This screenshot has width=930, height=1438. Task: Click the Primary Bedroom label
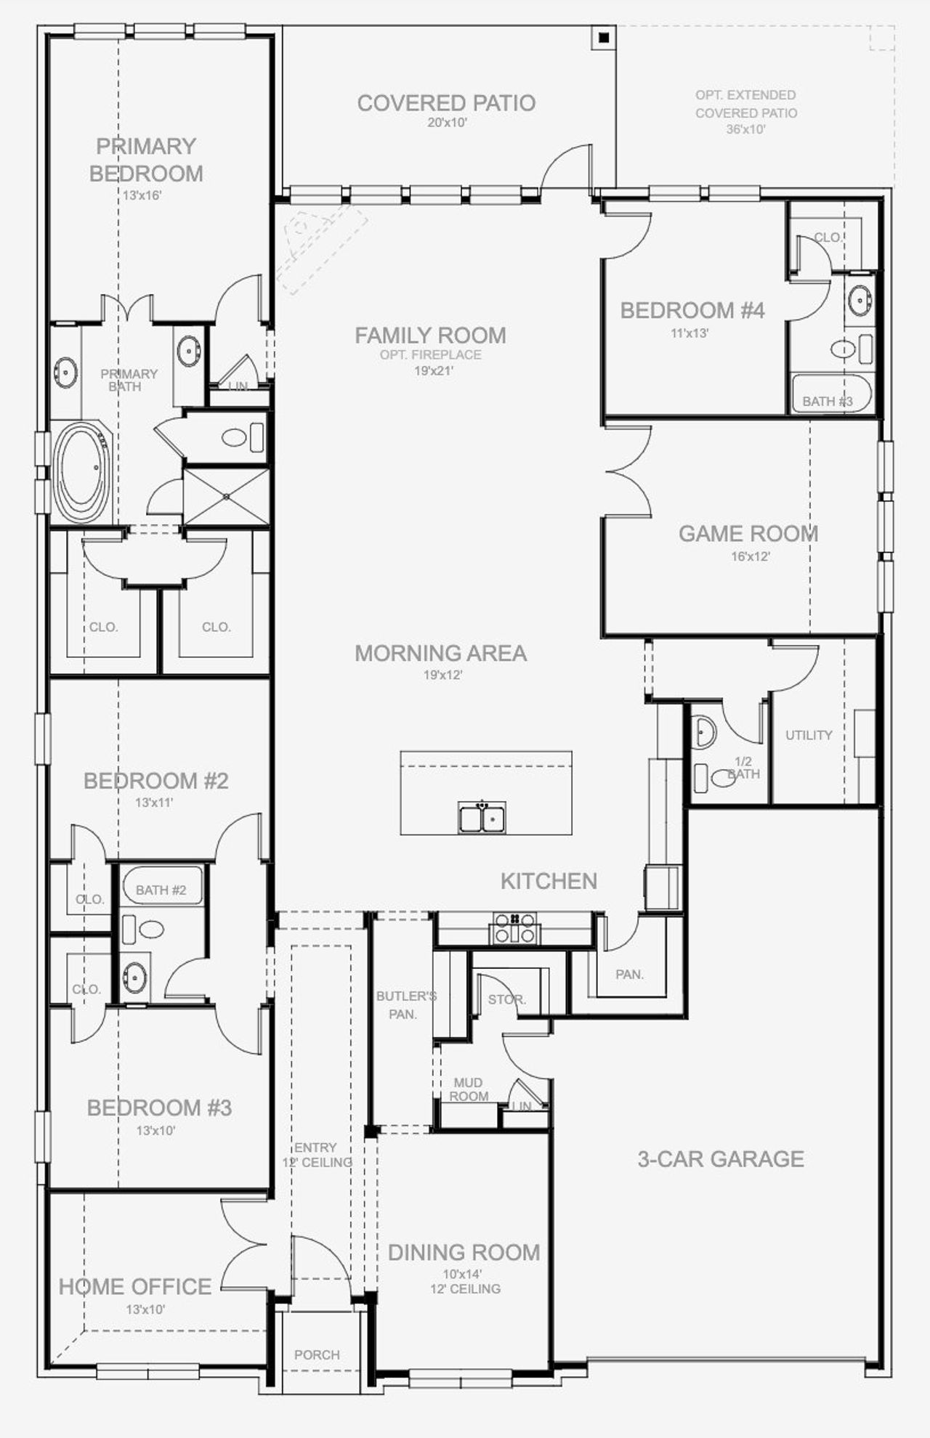point(146,160)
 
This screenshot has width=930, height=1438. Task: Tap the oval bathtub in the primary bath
point(83,473)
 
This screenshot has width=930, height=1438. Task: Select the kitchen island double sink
point(482,818)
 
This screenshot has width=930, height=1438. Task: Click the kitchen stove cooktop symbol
point(515,929)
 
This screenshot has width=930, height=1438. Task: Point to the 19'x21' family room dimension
point(434,370)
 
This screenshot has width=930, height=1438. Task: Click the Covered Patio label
point(446,103)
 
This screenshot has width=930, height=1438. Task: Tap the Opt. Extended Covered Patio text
point(745,112)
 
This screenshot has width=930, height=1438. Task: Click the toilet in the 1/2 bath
point(723,779)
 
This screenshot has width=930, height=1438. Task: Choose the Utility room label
point(809,735)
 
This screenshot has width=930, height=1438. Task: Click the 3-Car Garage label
point(721,1159)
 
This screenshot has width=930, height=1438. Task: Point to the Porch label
point(317,1354)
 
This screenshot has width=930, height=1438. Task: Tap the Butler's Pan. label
point(405,1004)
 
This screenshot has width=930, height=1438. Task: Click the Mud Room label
point(468,1089)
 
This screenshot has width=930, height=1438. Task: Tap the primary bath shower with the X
point(226,497)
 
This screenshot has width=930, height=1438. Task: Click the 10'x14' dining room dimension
point(462,1274)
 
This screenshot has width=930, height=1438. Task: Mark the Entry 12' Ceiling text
point(317,1155)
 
